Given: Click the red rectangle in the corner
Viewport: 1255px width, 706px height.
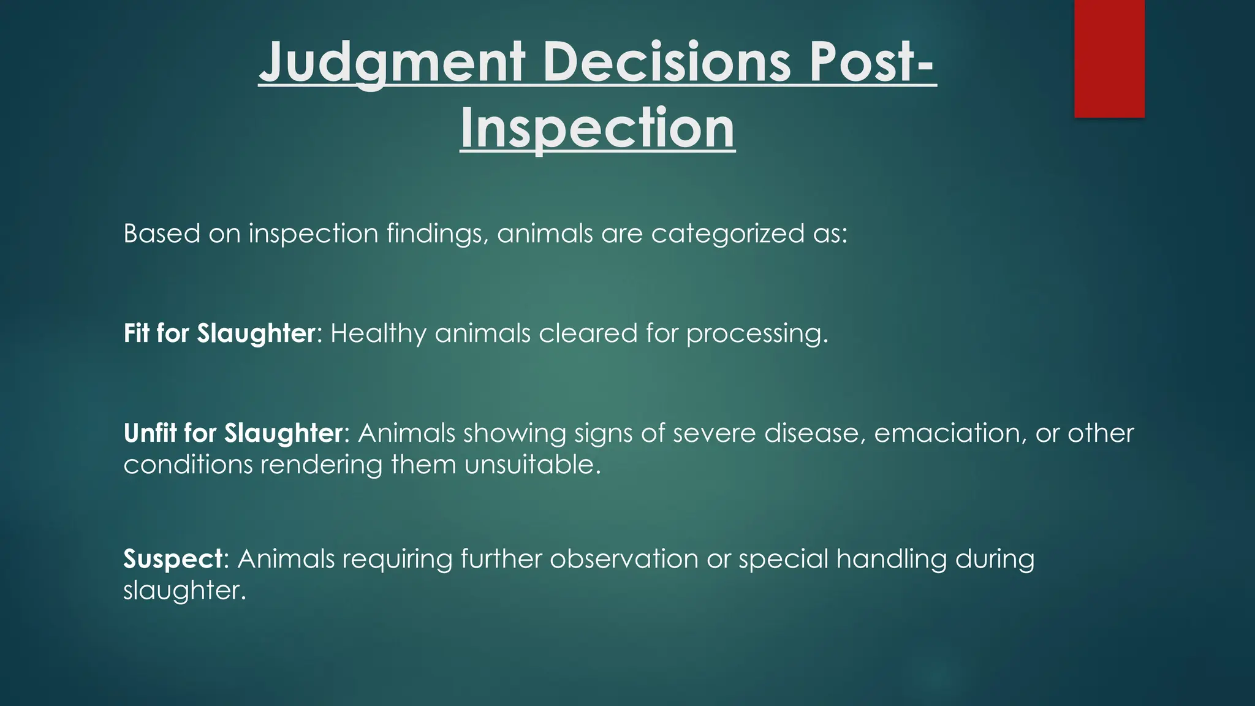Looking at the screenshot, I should click(x=1109, y=58).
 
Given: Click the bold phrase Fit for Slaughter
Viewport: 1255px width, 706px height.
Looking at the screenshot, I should click(x=219, y=333).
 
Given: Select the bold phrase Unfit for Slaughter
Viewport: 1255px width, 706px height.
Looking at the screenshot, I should click(x=232, y=433).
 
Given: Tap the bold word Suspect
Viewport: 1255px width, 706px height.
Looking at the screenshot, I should click(x=173, y=559).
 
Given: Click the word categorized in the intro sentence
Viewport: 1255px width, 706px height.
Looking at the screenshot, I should click(x=727, y=234).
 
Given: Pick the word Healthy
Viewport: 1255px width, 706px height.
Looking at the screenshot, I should click(x=377, y=333).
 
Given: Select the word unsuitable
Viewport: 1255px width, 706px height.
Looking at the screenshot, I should click(x=532, y=465).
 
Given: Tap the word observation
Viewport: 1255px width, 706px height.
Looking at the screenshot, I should click(x=624, y=559).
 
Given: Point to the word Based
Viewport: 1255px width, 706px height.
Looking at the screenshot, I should click(x=162, y=234).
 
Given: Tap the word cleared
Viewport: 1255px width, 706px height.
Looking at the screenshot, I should click(x=588, y=333).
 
